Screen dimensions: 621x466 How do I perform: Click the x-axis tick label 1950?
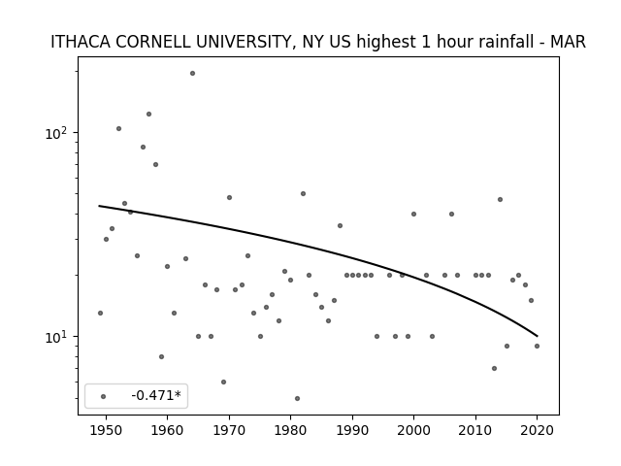106,430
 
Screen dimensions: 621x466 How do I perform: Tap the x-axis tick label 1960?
167,430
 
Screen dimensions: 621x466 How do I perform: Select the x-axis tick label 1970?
229,430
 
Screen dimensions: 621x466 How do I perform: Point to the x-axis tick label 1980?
290,430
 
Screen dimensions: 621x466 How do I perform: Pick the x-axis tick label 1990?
352,430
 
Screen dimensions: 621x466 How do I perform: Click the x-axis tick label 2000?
413,430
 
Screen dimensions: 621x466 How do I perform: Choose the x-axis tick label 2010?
475,430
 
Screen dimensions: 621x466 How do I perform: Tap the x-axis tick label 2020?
537,430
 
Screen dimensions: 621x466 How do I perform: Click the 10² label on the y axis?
57,133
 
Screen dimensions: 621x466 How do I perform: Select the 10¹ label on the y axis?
57,337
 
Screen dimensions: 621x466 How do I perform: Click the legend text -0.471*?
156,395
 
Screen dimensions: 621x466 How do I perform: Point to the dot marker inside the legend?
104,396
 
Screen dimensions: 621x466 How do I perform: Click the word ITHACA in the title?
81,42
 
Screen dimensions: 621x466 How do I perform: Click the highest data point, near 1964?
192,74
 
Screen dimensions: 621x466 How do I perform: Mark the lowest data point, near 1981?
297,398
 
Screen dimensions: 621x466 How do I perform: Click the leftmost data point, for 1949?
100,313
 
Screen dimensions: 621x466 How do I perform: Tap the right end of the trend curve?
537,337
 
